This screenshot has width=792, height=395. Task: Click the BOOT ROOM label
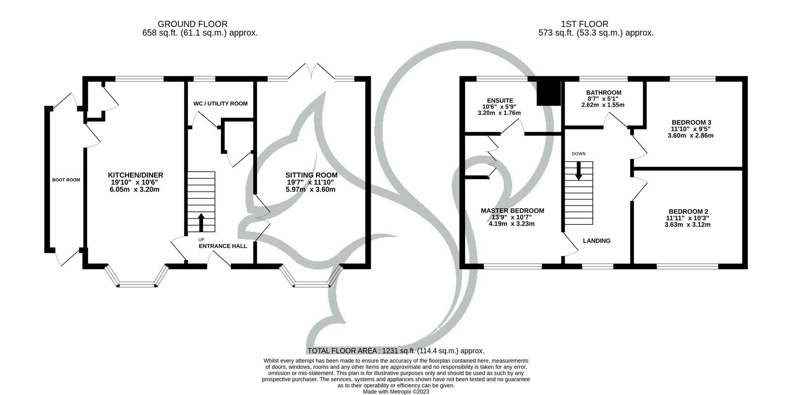(x=66, y=180)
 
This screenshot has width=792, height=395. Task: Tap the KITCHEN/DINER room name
(x=135, y=175)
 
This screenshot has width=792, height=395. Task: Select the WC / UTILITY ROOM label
(x=220, y=103)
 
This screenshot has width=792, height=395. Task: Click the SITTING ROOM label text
(x=311, y=175)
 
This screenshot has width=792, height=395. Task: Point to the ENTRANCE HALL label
(x=223, y=246)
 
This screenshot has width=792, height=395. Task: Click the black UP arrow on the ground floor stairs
(x=201, y=222)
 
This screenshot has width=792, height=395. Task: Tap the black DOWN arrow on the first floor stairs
(x=578, y=170)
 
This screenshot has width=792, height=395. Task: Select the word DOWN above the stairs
(x=578, y=154)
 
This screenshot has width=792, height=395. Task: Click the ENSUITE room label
(x=500, y=100)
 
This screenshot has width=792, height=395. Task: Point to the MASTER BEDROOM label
(x=512, y=211)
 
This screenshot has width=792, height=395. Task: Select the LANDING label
(x=596, y=241)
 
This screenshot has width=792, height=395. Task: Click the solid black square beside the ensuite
(x=549, y=93)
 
